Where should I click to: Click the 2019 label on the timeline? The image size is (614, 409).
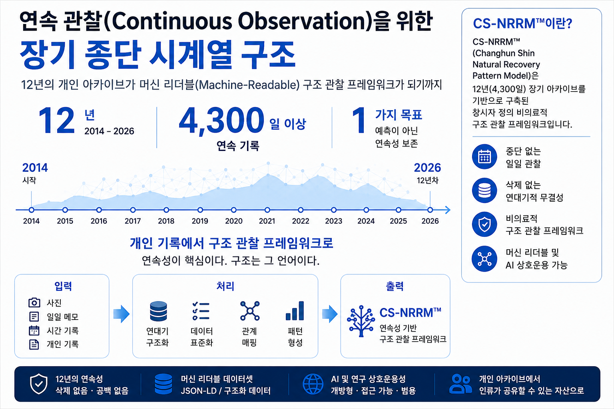coord(200,221)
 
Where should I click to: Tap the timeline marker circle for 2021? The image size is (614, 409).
coord(267,210)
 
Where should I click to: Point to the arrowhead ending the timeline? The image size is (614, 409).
coord(448,210)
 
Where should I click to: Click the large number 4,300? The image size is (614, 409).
coord(221,120)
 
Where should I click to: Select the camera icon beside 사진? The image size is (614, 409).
coord(34,302)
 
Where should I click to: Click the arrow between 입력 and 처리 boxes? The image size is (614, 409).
coord(121,314)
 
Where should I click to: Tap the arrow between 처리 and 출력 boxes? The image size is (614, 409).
coord(330,314)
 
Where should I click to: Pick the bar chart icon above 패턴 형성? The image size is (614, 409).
coord(295,311)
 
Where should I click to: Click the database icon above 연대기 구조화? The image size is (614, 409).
coord(158,311)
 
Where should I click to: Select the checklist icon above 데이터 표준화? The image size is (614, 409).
coord(201,311)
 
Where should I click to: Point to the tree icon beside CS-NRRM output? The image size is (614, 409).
coord(361,321)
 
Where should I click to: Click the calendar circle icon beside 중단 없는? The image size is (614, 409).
coord(484,157)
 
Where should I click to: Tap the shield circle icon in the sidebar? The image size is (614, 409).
coord(484,224)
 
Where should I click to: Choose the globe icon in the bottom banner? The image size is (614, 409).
coord(313,384)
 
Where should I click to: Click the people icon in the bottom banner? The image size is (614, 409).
coord(460,384)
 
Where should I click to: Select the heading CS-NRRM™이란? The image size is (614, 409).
coord(522,24)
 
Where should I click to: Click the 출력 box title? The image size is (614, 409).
coord(395,286)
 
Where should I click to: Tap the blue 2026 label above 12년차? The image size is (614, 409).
coord(427,168)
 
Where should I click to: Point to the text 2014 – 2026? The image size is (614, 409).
coord(109,131)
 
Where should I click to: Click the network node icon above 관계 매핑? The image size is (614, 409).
coord(250,311)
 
